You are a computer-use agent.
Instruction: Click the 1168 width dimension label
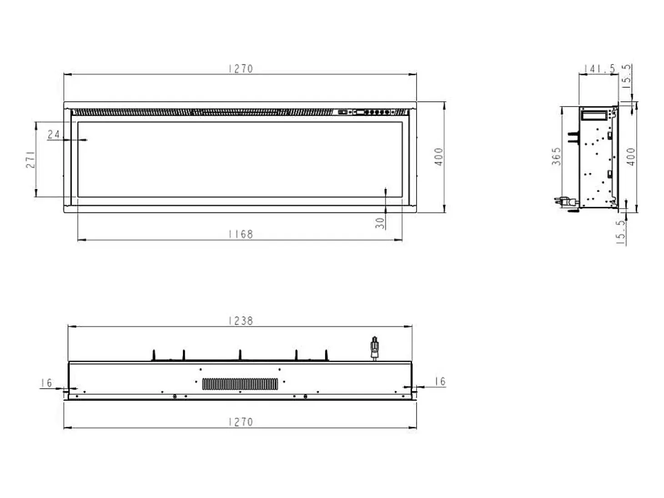[x=241, y=234]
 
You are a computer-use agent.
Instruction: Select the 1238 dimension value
[x=241, y=321]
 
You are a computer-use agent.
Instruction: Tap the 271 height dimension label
[x=30, y=159]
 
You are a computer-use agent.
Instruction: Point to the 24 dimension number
[x=54, y=134]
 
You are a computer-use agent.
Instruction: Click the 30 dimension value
[x=380, y=223]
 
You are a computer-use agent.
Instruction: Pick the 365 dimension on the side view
[x=556, y=156]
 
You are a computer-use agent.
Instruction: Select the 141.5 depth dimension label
[x=599, y=69]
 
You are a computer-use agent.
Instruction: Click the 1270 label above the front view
[x=241, y=69]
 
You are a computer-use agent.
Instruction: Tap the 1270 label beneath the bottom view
[x=241, y=422]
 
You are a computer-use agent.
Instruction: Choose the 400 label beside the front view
[x=438, y=156]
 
